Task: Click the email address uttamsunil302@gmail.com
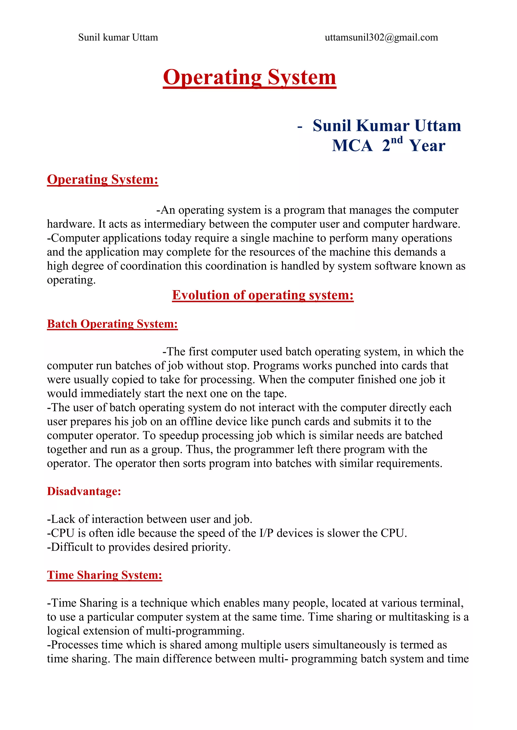381,38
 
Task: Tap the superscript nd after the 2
397,140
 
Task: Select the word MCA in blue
352,146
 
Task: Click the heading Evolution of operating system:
263,295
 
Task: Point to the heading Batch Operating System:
112,324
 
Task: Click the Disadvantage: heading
84,491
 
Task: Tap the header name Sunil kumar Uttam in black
118,38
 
